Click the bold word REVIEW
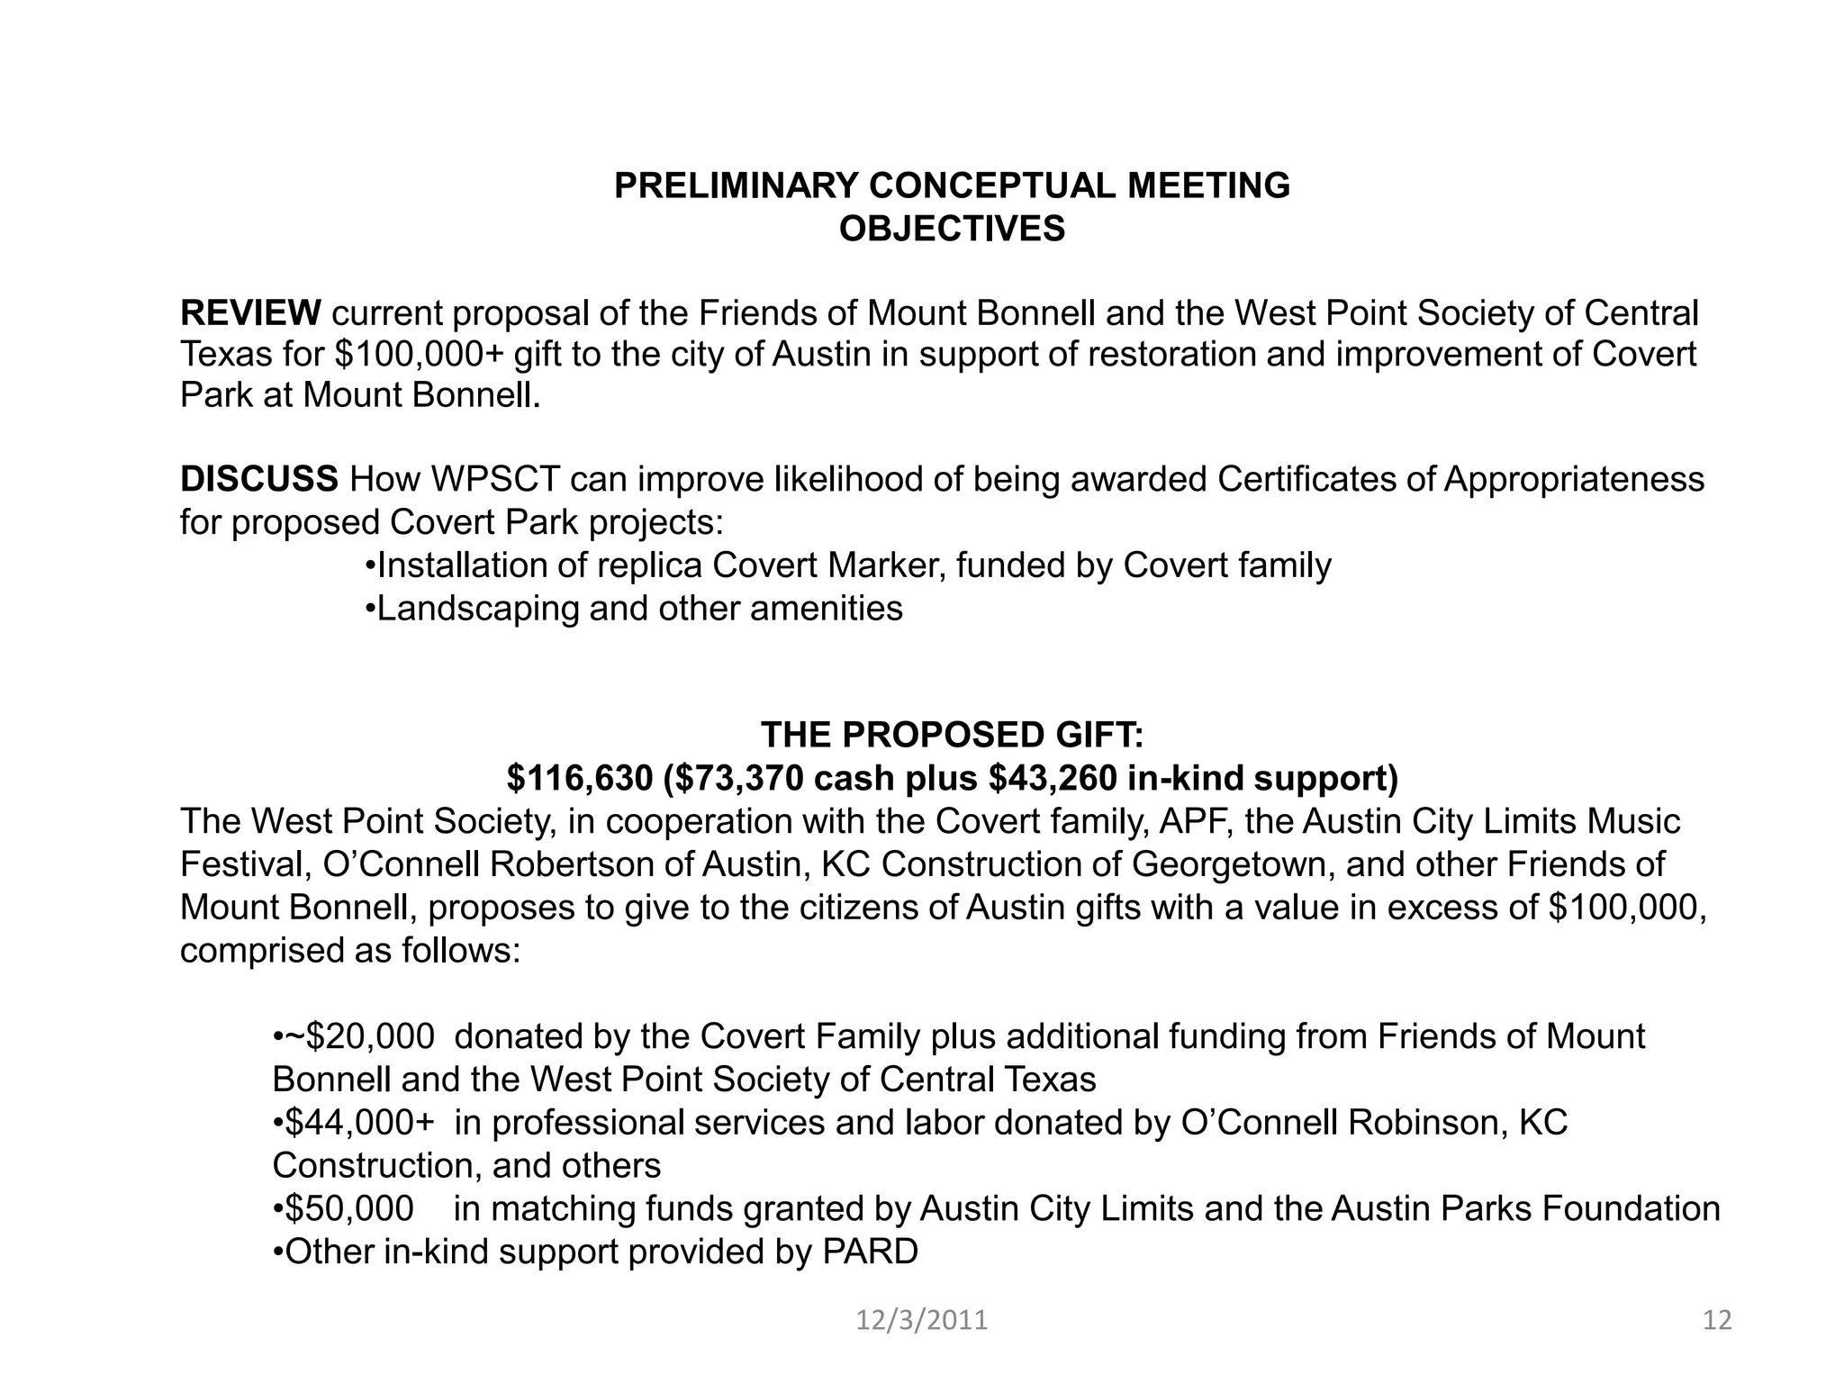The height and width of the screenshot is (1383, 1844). click(x=250, y=313)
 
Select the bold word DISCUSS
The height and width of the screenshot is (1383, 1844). click(x=259, y=480)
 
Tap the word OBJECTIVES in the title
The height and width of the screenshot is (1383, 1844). click(x=952, y=230)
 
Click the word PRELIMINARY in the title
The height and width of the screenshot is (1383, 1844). click(x=736, y=186)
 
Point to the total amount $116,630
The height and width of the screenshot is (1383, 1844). click(x=579, y=779)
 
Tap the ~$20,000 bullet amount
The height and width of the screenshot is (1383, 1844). click(x=358, y=1036)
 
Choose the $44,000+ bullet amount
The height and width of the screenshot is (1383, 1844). click(x=358, y=1123)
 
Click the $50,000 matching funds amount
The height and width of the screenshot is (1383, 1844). click(x=349, y=1208)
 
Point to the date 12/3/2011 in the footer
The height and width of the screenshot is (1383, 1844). click(x=921, y=1321)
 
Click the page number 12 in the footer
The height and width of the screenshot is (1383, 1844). click(x=1717, y=1321)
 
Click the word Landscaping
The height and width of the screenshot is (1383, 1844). click(x=477, y=609)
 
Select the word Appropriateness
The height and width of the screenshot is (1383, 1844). click(x=1574, y=480)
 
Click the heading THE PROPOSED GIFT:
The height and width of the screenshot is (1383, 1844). click(x=952, y=736)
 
